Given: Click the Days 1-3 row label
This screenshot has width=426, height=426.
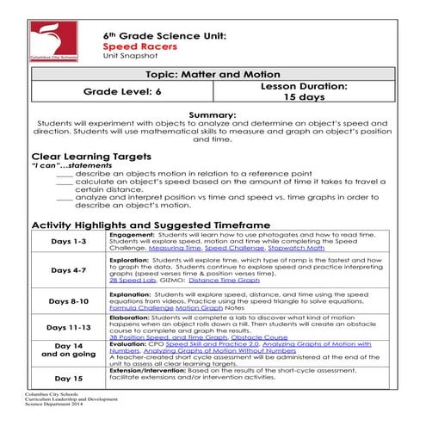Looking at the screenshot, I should (69, 243).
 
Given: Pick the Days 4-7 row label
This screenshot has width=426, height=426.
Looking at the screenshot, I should (69, 270).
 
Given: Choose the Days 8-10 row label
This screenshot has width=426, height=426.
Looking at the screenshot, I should (69, 301).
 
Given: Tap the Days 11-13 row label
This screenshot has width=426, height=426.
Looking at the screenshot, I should (69, 328).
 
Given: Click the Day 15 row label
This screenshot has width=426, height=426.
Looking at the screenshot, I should (69, 378).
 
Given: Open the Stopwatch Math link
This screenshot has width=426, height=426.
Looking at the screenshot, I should (262, 247).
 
